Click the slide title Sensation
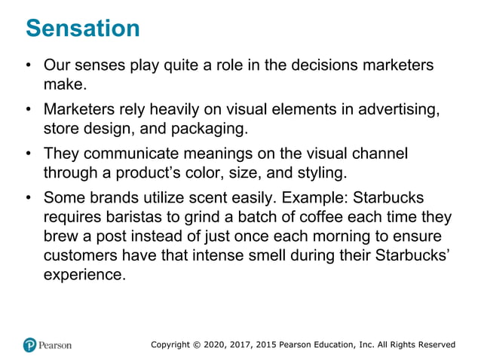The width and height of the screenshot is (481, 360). pyautogui.click(x=83, y=29)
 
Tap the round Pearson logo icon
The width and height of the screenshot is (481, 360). pyautogui.click(x=30, y=344)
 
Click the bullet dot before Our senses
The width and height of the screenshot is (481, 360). pyautogui.click(x=28, y=66)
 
